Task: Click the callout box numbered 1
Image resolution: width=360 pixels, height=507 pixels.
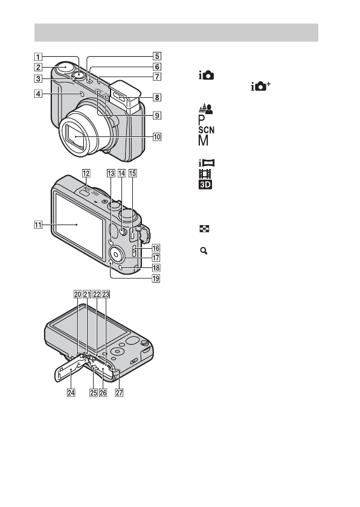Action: (38, 57)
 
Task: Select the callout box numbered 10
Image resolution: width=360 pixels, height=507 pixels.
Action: (157, 137)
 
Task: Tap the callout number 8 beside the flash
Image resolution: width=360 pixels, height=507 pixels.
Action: (157, 97)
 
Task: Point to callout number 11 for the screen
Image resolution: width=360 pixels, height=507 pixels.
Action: (38, 224)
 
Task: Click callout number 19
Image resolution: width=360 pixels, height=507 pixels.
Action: (156, 278)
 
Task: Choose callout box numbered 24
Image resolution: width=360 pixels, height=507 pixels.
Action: (71, 392)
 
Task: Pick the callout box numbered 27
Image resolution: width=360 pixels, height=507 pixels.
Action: (120, 392)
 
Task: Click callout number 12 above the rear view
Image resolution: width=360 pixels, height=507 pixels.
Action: (86, 173)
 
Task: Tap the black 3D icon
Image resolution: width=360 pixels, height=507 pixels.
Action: (205, 185)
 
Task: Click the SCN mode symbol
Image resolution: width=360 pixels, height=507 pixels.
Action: (207, 130)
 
